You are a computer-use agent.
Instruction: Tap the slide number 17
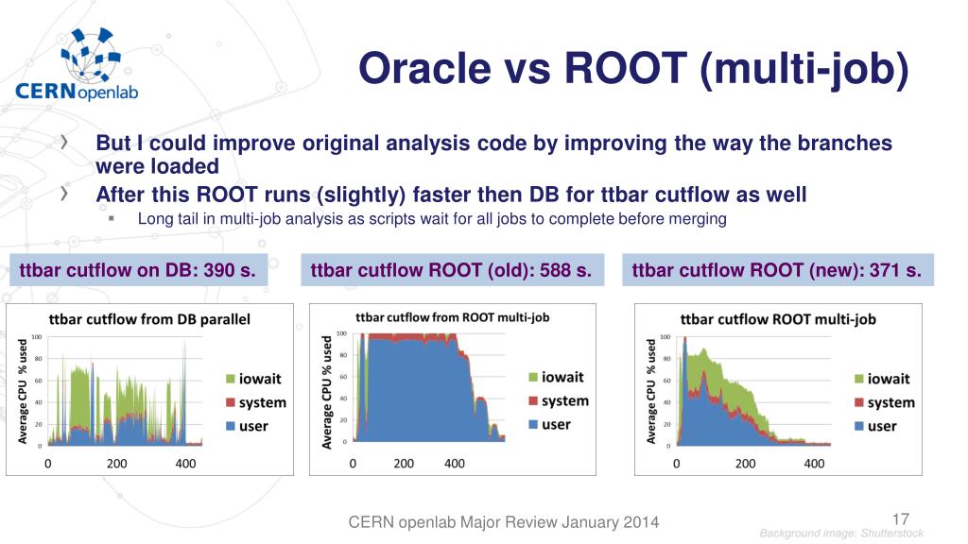tap(900, 518)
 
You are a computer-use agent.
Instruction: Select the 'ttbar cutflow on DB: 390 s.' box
tap(138, 271)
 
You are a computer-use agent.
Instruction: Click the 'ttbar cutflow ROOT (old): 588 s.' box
tap(452, 271)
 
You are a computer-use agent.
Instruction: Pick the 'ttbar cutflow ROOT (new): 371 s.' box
tap(777, 271)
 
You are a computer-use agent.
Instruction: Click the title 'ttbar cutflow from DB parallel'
tap(149, 319)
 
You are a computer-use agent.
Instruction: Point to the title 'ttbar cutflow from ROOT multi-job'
tap(452, 317)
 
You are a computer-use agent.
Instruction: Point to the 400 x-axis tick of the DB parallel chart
tap(186, 464)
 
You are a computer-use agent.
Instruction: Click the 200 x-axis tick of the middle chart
tap(404, 464)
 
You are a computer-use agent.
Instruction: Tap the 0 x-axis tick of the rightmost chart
tap(676, 464)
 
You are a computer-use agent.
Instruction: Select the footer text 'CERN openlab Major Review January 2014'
tap(504, 522)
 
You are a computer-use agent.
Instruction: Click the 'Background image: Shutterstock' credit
tap(841, 535)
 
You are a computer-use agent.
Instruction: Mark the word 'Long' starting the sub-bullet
tap(154, 219)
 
